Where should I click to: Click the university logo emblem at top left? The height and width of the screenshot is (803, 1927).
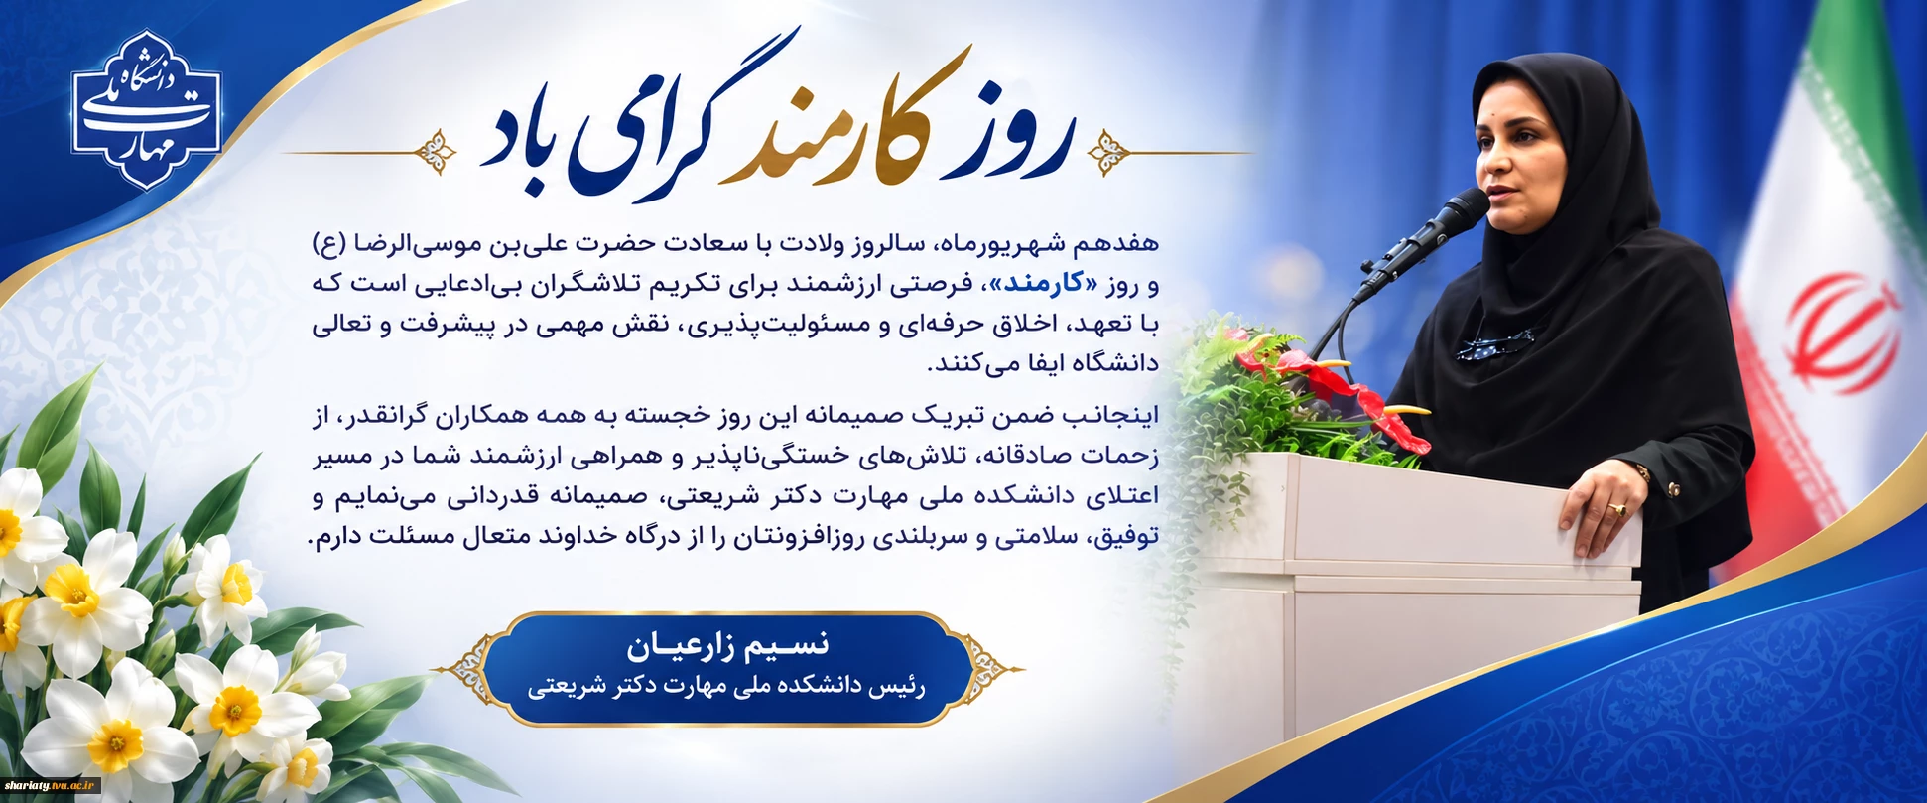tap(146, 109)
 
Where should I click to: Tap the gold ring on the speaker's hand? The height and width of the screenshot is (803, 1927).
tap(1618, 509)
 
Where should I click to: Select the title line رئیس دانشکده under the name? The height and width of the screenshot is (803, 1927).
tap(726, 687)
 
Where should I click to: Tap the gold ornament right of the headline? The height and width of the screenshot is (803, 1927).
tap(1109, 153)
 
